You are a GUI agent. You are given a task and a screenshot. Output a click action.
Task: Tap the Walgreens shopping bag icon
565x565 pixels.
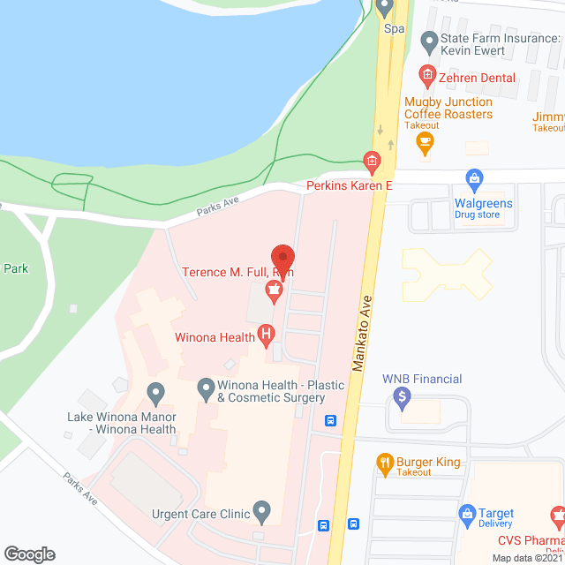474,181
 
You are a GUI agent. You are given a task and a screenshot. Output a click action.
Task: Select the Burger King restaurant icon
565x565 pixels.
384,461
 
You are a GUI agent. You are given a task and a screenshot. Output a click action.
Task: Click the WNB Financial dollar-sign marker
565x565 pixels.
402,399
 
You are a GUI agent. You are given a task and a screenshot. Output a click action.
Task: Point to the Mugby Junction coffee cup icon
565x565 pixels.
426,141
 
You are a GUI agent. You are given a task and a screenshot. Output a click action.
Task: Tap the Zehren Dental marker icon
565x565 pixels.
428,77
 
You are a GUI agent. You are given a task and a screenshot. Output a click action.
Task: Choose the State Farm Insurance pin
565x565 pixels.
429,41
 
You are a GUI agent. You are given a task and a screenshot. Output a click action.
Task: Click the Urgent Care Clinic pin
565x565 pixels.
261,510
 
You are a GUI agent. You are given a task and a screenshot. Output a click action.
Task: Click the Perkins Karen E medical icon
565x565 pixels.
372,161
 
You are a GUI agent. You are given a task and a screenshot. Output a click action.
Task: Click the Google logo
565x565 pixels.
28,554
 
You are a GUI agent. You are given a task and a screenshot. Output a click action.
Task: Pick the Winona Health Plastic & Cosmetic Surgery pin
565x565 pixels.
206,387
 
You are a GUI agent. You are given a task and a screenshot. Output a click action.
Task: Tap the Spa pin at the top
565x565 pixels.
384,8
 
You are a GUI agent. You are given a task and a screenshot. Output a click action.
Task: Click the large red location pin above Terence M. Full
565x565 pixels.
282,259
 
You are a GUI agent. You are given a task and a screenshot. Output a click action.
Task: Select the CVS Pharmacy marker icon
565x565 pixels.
558,515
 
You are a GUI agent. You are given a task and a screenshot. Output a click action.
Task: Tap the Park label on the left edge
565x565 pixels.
16,268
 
